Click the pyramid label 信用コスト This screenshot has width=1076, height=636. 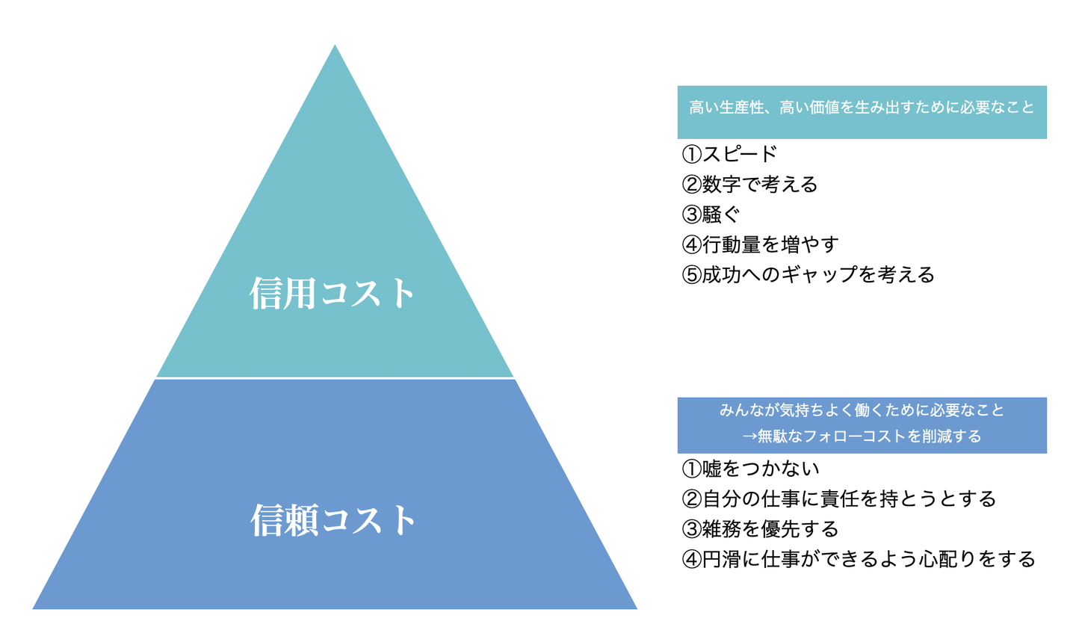pos(332,292)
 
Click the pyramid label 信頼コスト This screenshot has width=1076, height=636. pos(333,519)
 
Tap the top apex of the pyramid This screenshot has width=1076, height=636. pos(335,45)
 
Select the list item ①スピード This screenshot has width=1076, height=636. pos(729,154)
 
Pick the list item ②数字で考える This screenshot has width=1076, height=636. pos(749,185)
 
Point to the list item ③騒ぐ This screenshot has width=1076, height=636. pos(711,214)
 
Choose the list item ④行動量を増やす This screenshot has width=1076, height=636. pos(760,244)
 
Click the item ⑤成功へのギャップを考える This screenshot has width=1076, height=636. pos(808,275)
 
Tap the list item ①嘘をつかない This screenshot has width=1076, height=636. pos(750,469)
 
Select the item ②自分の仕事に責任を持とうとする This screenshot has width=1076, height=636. pos(838,499)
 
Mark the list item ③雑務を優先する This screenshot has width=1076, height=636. pos(760,529)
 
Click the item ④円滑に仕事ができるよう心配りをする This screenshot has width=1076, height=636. pos(859,559)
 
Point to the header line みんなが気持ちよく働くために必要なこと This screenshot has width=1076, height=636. pos(862,410)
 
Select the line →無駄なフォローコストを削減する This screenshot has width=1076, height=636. pos(862,436)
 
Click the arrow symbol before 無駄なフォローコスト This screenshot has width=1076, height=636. pos(750,436)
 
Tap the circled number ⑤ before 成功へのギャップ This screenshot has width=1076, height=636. pos(692,275)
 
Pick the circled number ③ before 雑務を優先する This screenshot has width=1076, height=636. pos(692,529)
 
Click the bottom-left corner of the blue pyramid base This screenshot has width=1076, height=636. pos(33,609)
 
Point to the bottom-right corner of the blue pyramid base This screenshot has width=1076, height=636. pos(637,609)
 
